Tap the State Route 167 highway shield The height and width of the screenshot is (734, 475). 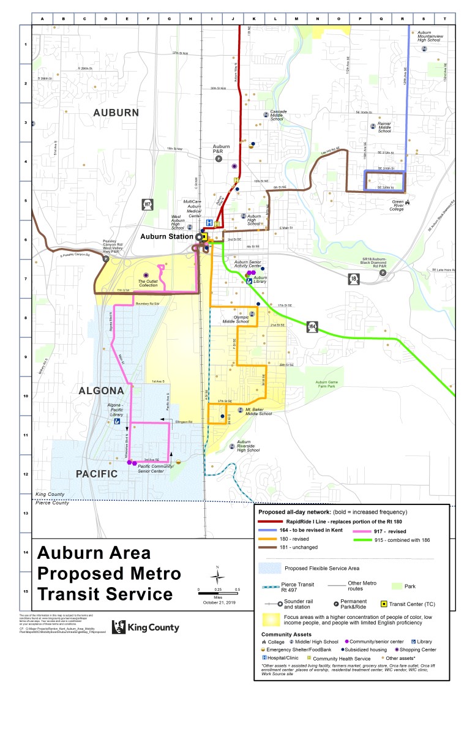(147, 204)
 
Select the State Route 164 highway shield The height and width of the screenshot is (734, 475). (312, 327)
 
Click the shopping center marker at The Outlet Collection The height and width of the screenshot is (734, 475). (146, 275)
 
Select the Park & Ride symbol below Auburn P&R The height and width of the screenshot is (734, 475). (218, 159)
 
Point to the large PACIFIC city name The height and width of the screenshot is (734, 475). (97, 474)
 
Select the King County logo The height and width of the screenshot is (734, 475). (136, 626)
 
